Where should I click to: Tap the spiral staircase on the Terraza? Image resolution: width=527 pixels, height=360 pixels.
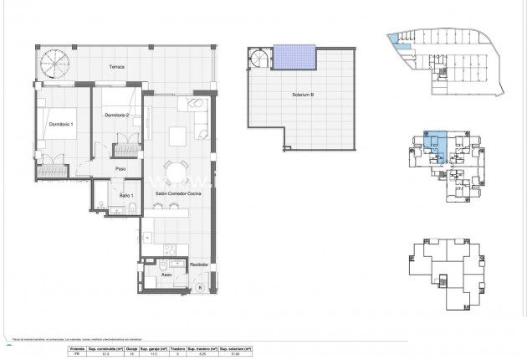pos(58,63)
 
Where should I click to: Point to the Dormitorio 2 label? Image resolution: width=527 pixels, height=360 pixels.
pos(115,116)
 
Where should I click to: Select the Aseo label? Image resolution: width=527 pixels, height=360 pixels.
pos(166,273)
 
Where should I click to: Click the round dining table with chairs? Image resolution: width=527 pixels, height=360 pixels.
pos(175,171)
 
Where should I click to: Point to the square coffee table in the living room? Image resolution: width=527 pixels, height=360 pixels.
pos(177,136)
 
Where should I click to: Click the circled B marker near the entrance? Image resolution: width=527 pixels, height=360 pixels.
pos(199,287)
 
